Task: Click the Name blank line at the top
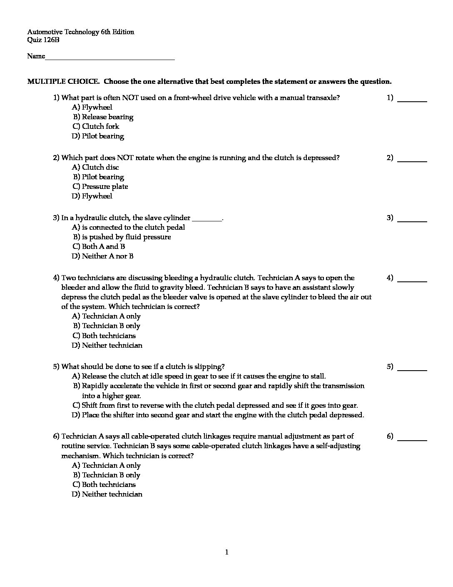click(110, 59)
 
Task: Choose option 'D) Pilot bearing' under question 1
click(98, 136)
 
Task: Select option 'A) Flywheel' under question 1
click(92, 108)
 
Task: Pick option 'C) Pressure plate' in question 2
click(100, 187)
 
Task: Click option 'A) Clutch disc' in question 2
click(95, 168)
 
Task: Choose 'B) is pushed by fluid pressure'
click(122, 237)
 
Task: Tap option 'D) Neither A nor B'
click(102, 256)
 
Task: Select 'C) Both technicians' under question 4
click(104, 336)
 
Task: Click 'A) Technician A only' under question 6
click(106, 466)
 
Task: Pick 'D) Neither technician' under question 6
click(107, 494)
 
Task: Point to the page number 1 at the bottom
click(226, 553)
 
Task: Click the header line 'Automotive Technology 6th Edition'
click(81, 32)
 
